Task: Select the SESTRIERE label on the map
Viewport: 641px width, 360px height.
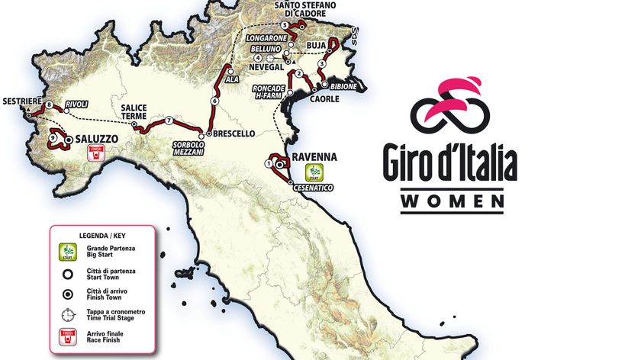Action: pyautogui.click(x=21, y=101)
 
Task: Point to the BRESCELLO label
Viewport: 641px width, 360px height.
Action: pyautogui.click(x=234, y=133)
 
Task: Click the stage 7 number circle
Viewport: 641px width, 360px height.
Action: pyautogui.click(x=167, y=121)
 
